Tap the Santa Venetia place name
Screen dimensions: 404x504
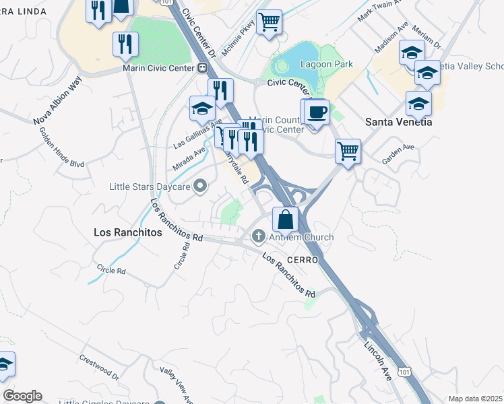coord(398,122)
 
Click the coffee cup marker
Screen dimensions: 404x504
coord(316,111)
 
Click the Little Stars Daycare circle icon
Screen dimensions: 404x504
coord(200,186)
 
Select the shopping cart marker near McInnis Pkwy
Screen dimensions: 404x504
coord(269,22)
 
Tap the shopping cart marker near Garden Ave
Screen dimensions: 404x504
coord(348,151)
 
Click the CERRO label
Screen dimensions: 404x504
coord(302,259)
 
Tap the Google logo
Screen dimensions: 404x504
coord(22,396)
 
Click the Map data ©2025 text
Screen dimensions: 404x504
coord(475,399)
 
